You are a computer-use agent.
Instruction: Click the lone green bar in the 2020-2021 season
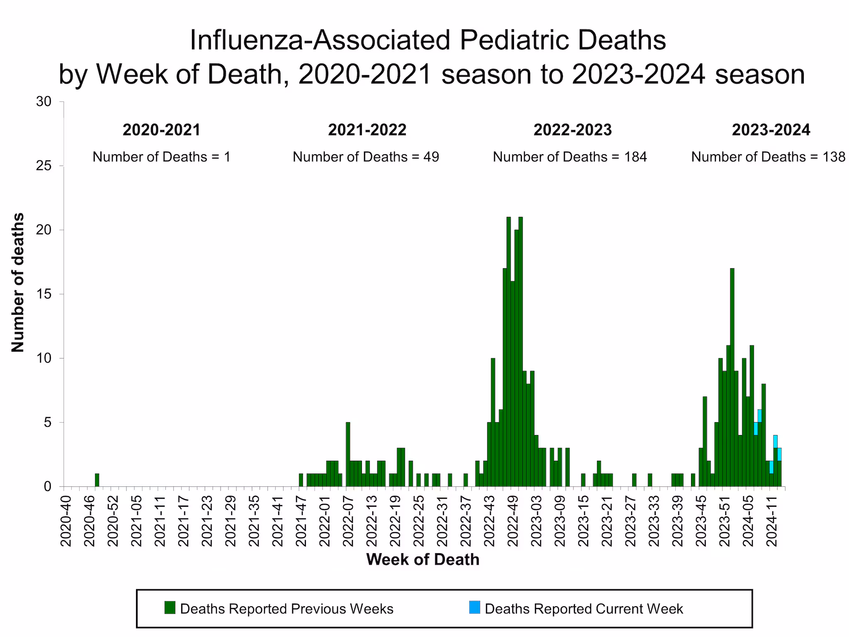(97, 480)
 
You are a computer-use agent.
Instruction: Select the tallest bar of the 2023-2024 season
(732, 377)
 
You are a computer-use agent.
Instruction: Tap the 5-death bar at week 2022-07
(348, 454)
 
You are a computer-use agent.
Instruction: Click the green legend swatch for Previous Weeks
(170, 608)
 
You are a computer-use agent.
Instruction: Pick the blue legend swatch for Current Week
(475, 608)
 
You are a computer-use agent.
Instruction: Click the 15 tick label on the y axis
(44, 294)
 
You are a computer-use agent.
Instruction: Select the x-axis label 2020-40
(66, 520)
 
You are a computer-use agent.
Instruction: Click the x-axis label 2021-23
(207, 520)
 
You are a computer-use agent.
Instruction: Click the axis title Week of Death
(422, 559)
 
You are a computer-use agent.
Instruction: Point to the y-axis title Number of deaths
(18, 282)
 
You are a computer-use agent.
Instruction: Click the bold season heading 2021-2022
(367, 130)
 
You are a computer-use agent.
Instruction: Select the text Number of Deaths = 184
(570, 157)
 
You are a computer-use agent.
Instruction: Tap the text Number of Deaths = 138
(768, 157)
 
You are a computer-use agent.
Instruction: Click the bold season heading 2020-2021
(161, 130)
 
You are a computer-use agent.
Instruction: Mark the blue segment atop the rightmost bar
(779, 454)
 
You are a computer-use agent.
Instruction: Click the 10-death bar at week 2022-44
(493, 422)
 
